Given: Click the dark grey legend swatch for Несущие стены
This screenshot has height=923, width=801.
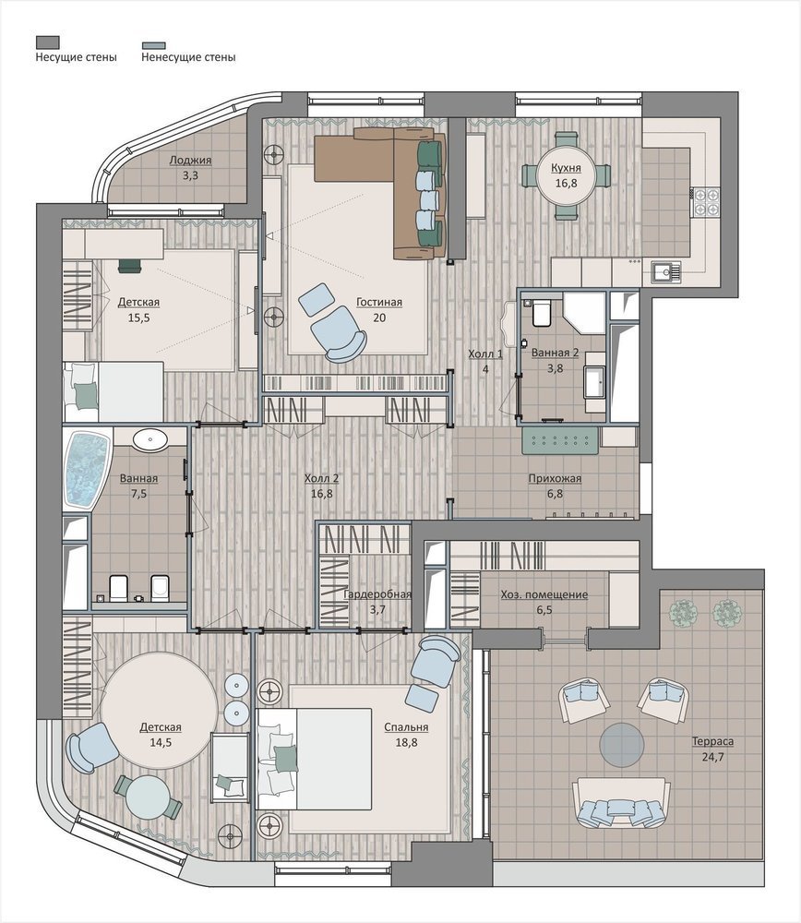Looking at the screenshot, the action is pyautogui.click(x=48, y=42).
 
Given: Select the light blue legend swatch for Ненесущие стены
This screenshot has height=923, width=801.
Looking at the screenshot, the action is pyautogui.click(x=153, y=44).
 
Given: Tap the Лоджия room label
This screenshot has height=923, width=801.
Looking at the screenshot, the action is pyautogui.click(x=190, y=160).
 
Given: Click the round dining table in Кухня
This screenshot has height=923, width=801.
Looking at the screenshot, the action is pyautogui.click(x=566, y=176).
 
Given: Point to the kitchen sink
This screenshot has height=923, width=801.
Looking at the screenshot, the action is pyautogui.click(x=665, y=272).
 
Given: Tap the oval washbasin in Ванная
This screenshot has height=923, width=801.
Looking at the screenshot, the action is pyautogui.click(x=150, y=439).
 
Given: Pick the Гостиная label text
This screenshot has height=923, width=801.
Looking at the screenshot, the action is pyautogui.click(x=379, y=302).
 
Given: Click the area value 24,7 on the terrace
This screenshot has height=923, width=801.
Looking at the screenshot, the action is pyautogui.click(x=712, y=757).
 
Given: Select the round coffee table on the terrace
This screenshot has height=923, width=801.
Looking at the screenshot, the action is pyautogui.click(x=621, y=745).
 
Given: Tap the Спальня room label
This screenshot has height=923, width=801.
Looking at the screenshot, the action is pyautogui.click(x=406, y=727).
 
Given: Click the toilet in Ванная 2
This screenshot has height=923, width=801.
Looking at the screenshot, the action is pyautogui.click(x=541, y=313).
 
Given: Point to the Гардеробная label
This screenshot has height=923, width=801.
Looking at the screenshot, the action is pyautogui.click(x=377, y=593).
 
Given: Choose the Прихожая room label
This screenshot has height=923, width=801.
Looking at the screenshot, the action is pyautogui.click(x=555, y=478).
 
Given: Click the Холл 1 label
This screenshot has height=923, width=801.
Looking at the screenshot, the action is pyautogui.click(x=485, y=354).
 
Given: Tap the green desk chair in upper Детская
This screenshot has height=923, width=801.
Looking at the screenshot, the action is pyautogui.click(x=130, y=266).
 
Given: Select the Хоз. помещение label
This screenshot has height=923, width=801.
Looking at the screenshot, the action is pyautogui.click(x=544, y=594).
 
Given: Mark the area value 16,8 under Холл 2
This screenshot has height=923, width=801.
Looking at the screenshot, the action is pyautogui.click(x=321, y=493).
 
